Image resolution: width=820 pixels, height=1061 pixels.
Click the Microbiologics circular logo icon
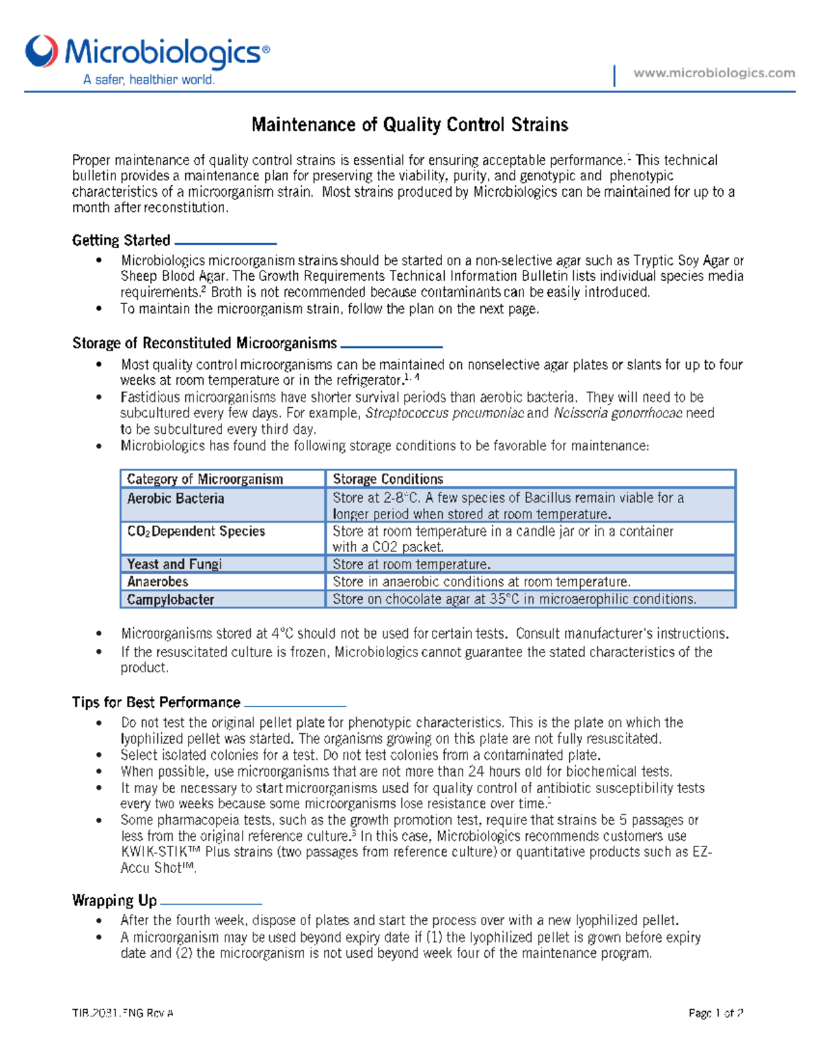point(42,51)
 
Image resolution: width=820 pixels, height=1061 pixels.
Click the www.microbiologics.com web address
point(714,73)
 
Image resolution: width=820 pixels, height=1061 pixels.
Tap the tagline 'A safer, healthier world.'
point(149,80)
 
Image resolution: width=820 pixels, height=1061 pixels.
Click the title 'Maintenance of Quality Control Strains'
point(409,124)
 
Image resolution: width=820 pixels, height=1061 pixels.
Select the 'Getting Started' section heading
point(121,240)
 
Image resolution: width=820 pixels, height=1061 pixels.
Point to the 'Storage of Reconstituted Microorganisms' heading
point(204,343)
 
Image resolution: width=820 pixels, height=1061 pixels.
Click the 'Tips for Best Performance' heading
point(156,702)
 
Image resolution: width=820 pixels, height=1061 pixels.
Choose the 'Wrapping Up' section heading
point(114,900)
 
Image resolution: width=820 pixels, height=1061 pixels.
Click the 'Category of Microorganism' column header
point(204,479)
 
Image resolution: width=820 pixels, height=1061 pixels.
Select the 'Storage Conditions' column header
point(387,479)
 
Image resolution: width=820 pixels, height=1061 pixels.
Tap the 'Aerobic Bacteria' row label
point(176,499)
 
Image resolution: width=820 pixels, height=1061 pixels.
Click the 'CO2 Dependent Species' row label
point(196,532)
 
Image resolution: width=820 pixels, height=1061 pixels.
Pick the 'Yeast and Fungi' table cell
point(174,564)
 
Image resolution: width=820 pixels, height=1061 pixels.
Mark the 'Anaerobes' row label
point(158,582)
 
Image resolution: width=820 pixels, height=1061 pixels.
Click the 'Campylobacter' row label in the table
point(170,600)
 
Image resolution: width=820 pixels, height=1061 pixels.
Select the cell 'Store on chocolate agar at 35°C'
point(514,599)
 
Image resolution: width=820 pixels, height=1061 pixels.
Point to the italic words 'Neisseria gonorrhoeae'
point(618,413)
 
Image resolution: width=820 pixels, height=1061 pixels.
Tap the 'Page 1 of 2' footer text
point(715,1013)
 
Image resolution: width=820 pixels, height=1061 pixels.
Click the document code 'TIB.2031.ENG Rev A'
point(123,1013)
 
